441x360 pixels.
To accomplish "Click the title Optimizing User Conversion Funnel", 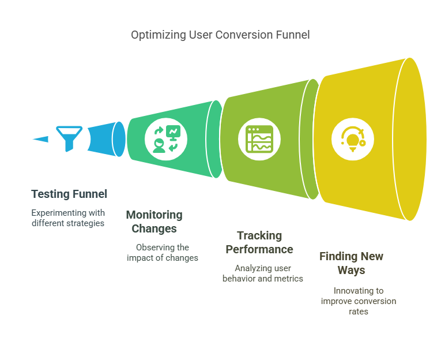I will click(x=220, y=35).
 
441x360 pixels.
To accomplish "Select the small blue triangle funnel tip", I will click(x=41, y=138).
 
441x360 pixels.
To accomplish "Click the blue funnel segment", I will click(x=104, y=139).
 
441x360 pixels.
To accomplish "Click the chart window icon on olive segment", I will click(x=259, y=139).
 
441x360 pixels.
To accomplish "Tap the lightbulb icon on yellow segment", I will click(x=353, y=139).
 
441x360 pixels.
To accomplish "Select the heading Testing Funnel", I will click(x=69, y=194).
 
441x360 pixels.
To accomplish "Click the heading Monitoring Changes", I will click(x=154, y=222).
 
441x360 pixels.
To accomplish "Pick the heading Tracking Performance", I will click(x=259, y=242).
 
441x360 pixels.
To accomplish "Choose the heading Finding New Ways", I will click(x=351, y=263).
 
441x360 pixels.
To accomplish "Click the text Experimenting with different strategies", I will click(x=68, y=217).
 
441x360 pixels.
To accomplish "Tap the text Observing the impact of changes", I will click(x=163, y=253).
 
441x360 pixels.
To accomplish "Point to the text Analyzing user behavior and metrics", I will click(x=263, y=273).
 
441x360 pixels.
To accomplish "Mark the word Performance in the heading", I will click(x=259, y=249).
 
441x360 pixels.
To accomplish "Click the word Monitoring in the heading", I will click(x=154, y=215).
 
